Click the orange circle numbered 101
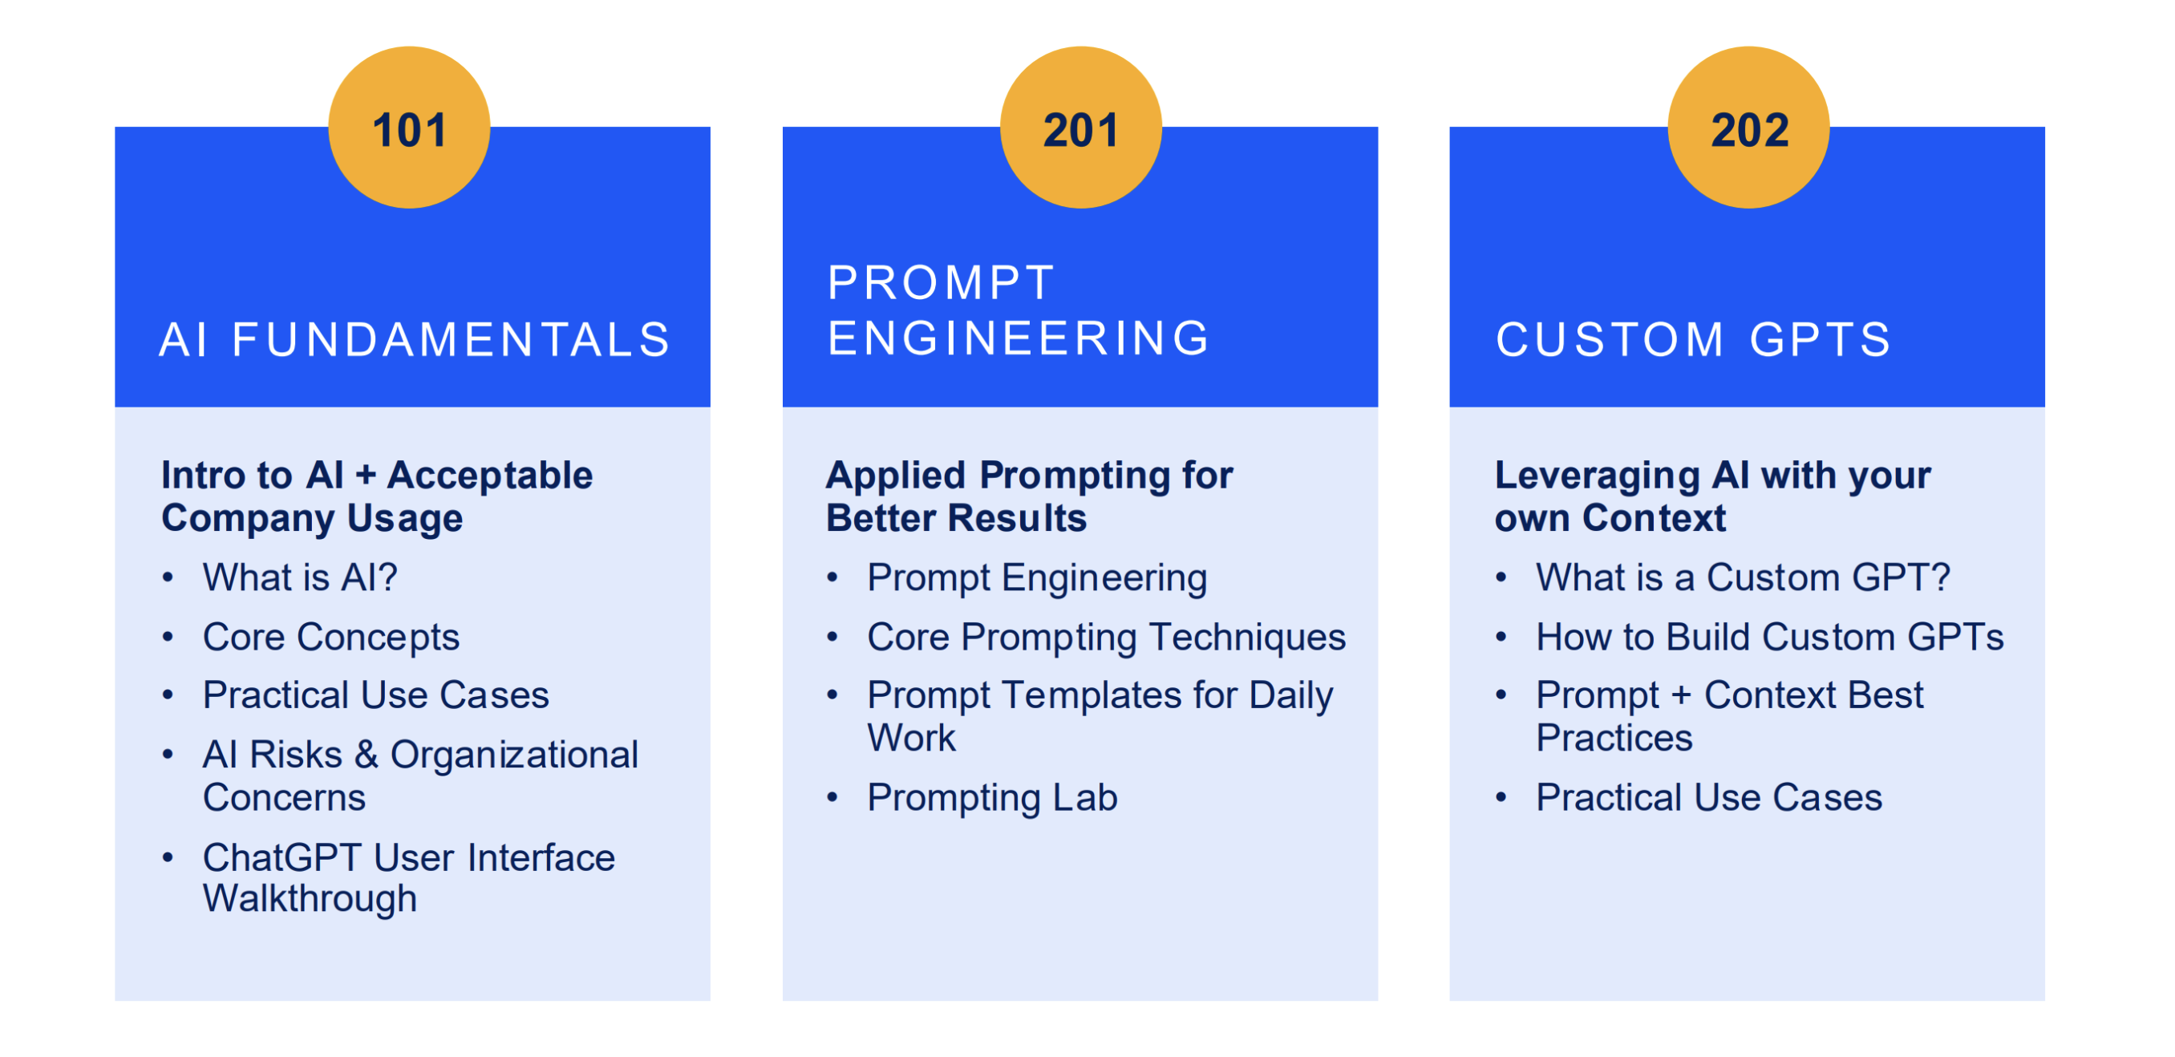coord(410,128)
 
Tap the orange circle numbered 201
coord(1081,128)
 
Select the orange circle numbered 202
coord(1748,128)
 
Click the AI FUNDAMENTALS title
coord(415,339)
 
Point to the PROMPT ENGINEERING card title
coord(1019,310)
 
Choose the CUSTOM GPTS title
coord(1694,339)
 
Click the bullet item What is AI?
coord(300,577)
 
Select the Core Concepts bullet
coord(331,637)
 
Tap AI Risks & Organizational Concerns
coord(420,776)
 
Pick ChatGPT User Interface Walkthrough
coord(409,878)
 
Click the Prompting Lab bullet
coord(992,798)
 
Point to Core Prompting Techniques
coord(1106,637)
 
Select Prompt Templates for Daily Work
coord(1100,716)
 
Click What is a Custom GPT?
coord(1743,577)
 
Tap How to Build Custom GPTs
coord(1770,637)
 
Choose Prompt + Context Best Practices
coord(1729,716)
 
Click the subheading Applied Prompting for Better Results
coord(1029,496)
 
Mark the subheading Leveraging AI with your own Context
coord(1712,496)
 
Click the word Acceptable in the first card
coord(490,476)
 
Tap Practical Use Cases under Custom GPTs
coord(1709,797)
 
